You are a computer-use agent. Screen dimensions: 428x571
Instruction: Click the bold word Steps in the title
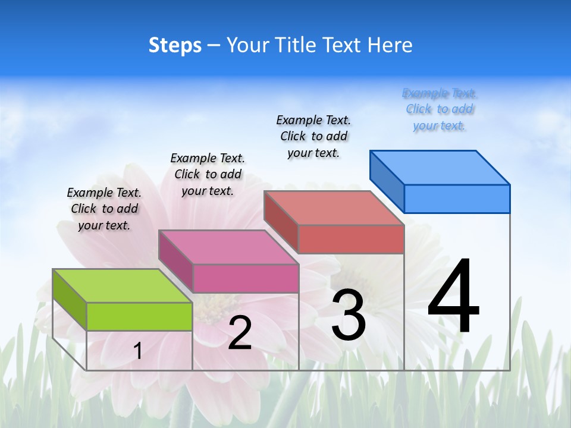[175, 45]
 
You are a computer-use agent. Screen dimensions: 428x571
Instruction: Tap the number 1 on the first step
[137, 351]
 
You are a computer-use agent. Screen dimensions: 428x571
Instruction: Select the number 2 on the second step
[240, 333]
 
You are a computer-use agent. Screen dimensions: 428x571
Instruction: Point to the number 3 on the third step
[349, 315]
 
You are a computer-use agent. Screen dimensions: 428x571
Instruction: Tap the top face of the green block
[122, 286]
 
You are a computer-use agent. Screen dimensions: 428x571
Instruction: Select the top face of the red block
[334, 208]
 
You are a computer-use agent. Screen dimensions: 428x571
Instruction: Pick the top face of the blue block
[440, 168]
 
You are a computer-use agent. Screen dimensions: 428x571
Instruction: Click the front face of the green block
[139, 316]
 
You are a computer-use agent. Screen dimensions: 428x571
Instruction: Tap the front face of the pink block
[246, 278]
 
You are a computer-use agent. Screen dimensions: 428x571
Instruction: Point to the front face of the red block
[351, 239]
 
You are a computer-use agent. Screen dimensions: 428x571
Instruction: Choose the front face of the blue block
[457, 199]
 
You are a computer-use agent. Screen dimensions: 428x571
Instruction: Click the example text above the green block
[104, 209]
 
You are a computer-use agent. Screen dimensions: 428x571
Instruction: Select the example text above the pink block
[208, 174]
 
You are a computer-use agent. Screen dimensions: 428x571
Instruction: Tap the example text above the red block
[313, 136]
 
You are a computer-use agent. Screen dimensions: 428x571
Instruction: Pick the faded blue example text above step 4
[440, 109]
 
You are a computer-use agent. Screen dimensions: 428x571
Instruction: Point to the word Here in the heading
[390, 45]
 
